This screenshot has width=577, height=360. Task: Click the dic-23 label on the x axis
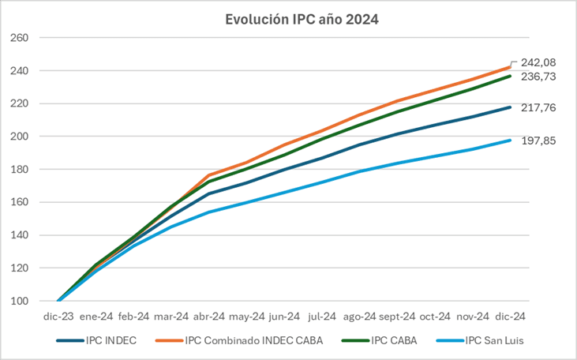(59, 317)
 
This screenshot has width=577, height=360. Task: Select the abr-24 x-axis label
(209, 317)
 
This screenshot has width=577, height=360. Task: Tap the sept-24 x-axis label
(397, 317)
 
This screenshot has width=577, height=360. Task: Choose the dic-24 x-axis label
(510, 317)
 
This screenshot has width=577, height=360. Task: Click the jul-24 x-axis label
(322, 317)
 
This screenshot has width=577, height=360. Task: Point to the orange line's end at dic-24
(510, 67)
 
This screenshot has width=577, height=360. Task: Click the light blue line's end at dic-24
(510, 141)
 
